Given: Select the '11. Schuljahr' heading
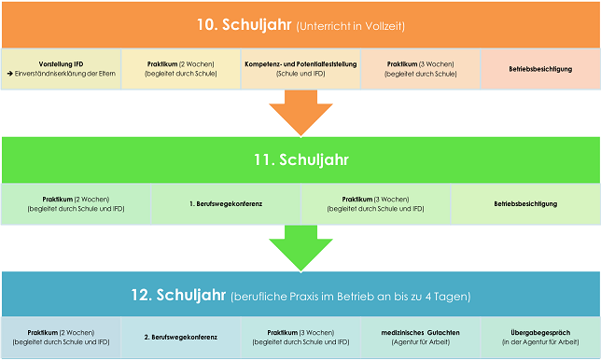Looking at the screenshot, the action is tap(300, 159).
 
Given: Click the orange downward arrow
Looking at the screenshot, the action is tap(300, 117).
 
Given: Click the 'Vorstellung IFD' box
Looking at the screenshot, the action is tap(61, 68).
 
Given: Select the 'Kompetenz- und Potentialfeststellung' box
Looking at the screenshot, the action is tap(300, 68).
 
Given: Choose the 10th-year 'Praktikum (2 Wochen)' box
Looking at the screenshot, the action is tap(181, 68).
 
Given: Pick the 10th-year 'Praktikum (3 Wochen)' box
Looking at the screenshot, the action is tap(420, 68).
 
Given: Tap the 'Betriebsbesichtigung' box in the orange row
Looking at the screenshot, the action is tap(540, 68).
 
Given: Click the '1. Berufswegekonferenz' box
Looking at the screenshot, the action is tap(226, 203).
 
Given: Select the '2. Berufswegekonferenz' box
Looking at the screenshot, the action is tap(181, 337).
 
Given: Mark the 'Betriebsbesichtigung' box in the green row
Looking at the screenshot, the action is tap(525, 203).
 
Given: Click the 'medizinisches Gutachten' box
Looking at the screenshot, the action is tap(421, 337).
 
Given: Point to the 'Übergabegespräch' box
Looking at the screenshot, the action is tap(540, 337).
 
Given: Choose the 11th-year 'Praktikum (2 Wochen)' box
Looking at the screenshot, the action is tap(76, 203).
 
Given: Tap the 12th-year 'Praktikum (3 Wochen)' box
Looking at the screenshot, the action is tap(300, 337).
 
